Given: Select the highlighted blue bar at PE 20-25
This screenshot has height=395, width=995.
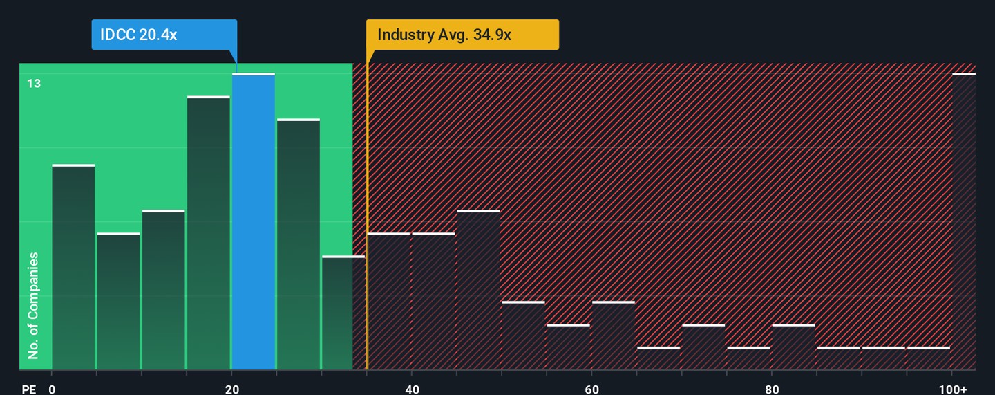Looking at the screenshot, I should click(253, 221).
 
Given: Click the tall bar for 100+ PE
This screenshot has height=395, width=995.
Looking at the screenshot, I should click(964, 221).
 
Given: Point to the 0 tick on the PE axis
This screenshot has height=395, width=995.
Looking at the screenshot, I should click(52, 389).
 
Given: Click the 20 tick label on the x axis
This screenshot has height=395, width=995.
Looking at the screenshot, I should click(232, 389).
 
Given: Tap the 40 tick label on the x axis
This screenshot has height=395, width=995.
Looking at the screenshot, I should click(412, 389).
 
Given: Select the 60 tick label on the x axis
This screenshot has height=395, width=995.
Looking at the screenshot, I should click(591, 389).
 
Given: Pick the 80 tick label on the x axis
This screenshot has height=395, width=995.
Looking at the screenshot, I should click(772, 389).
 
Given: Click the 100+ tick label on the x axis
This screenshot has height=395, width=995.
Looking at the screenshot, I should click(957, 389).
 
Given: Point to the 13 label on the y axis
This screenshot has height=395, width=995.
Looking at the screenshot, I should click(34, 84).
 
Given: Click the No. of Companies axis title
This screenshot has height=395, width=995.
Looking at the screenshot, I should click(33, 306).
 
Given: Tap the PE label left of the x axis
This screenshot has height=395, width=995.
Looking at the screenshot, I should click(28, 389).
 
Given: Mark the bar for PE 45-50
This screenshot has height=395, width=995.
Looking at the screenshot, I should click(478, 290).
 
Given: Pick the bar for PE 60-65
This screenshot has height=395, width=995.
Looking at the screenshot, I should click(613, 336).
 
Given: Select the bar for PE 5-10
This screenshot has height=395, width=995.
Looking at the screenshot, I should click(118, 302).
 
